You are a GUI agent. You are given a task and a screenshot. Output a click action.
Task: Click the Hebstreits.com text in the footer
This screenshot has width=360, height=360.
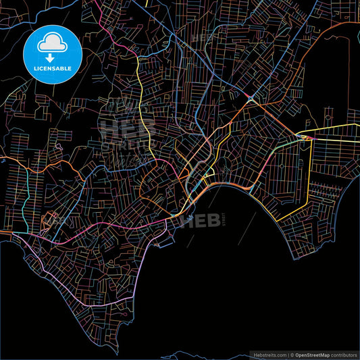pyautogui.click(x=269, y=354)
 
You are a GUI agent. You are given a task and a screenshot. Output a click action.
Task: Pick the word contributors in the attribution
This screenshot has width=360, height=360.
pyautogui.click(x=342, y=354)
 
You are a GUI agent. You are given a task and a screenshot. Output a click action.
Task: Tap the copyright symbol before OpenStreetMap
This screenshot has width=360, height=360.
pyautogui.click(x=292, y=354)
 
